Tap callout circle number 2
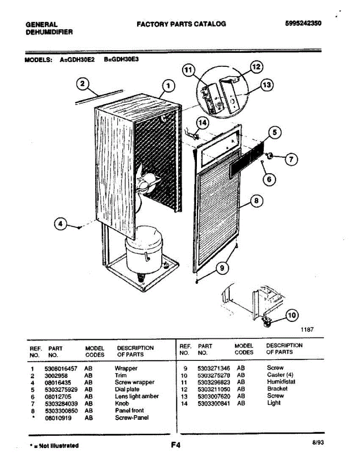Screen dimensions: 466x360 click(x=82, y=84)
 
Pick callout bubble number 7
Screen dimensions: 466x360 click(x=291, y=159)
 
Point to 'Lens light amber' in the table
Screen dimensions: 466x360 click(x=137, y=396)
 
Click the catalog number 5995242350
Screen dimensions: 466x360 click(x=303, y=23)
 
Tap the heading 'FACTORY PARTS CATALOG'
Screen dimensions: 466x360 click(x=181, y=24)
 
